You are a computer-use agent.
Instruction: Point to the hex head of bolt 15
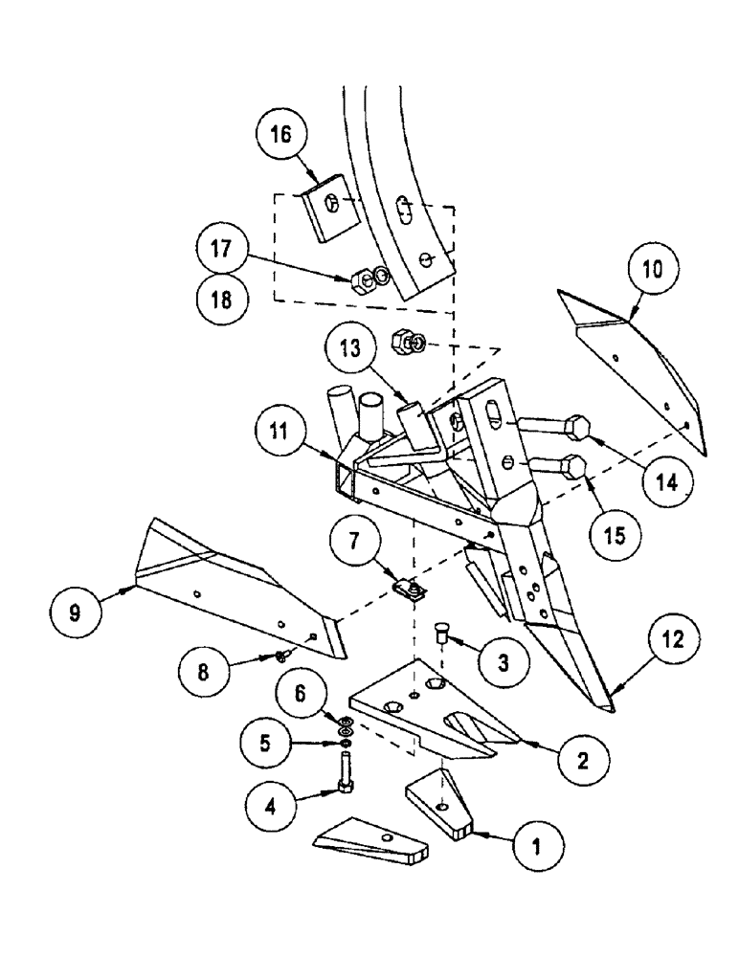pos(575,466)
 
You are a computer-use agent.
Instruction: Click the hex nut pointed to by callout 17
pos(363,279)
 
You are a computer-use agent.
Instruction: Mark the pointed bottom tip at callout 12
pos(605,706)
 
